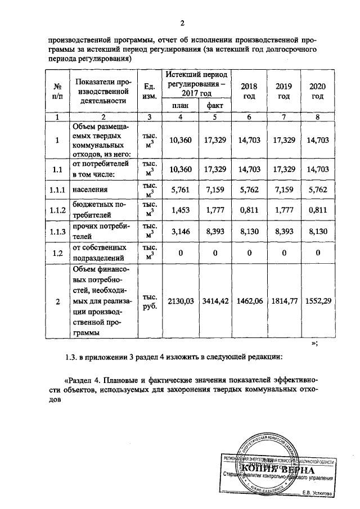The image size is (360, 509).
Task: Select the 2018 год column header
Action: (x=249, y=91)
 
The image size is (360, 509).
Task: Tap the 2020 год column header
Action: (x=318, y=91)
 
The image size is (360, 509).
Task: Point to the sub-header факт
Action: (x=215, y=106)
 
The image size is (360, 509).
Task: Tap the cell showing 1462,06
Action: (x=249, y=301)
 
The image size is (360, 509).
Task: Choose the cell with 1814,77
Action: (x=283, y=301)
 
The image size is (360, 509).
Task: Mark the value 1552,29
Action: (x=318, y=301)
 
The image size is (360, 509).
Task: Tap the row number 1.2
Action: (x=57, y=253)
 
